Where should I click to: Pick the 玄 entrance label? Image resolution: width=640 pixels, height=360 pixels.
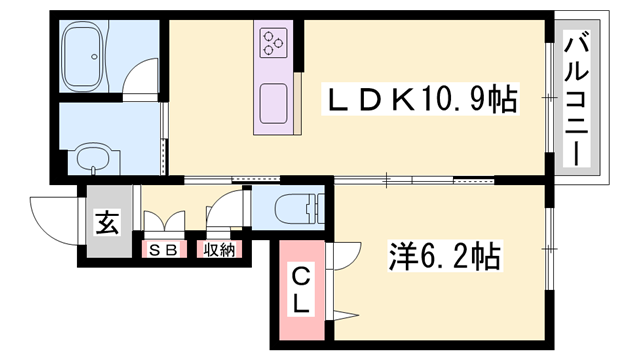[x=106, y=223]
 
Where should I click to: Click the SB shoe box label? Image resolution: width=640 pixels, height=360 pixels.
[x=163, y=250]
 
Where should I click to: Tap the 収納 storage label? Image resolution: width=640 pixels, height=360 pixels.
[x=220, y=250]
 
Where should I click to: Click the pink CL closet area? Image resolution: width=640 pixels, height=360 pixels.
[x=298, y=300]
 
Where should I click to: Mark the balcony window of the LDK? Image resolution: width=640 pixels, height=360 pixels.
[x=549, y=97]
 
